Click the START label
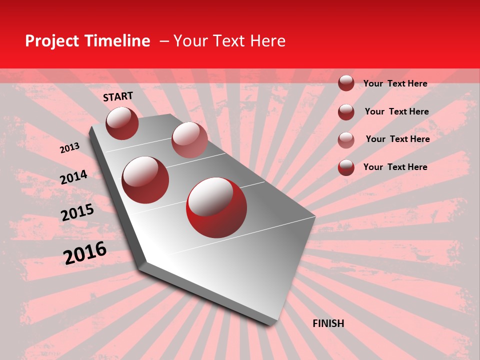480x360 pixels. (x=118, y=96)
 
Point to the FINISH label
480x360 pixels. (x=328, y=323)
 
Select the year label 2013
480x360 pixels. (x=69, y=148)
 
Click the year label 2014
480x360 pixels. (x=73, y=177)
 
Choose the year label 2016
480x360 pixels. (x=85, y=252)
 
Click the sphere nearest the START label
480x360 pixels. (x=122, y=123)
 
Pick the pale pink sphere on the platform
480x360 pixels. (x=189, y=140)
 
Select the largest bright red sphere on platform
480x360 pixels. (x=216, y=207)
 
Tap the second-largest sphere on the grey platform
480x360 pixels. (x=145, y=180)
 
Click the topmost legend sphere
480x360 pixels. (x=346, y=83)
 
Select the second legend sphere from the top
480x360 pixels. (x=346, y=112)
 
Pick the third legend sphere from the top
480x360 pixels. (x=346, y=140)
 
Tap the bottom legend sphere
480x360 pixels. (x=346, y=167)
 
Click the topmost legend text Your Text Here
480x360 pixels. (x=395, y=83)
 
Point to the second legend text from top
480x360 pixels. (x=396, y=111)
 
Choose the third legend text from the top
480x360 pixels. (x=397, y=139)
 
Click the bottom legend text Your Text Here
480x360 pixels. (x=395, y=167)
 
